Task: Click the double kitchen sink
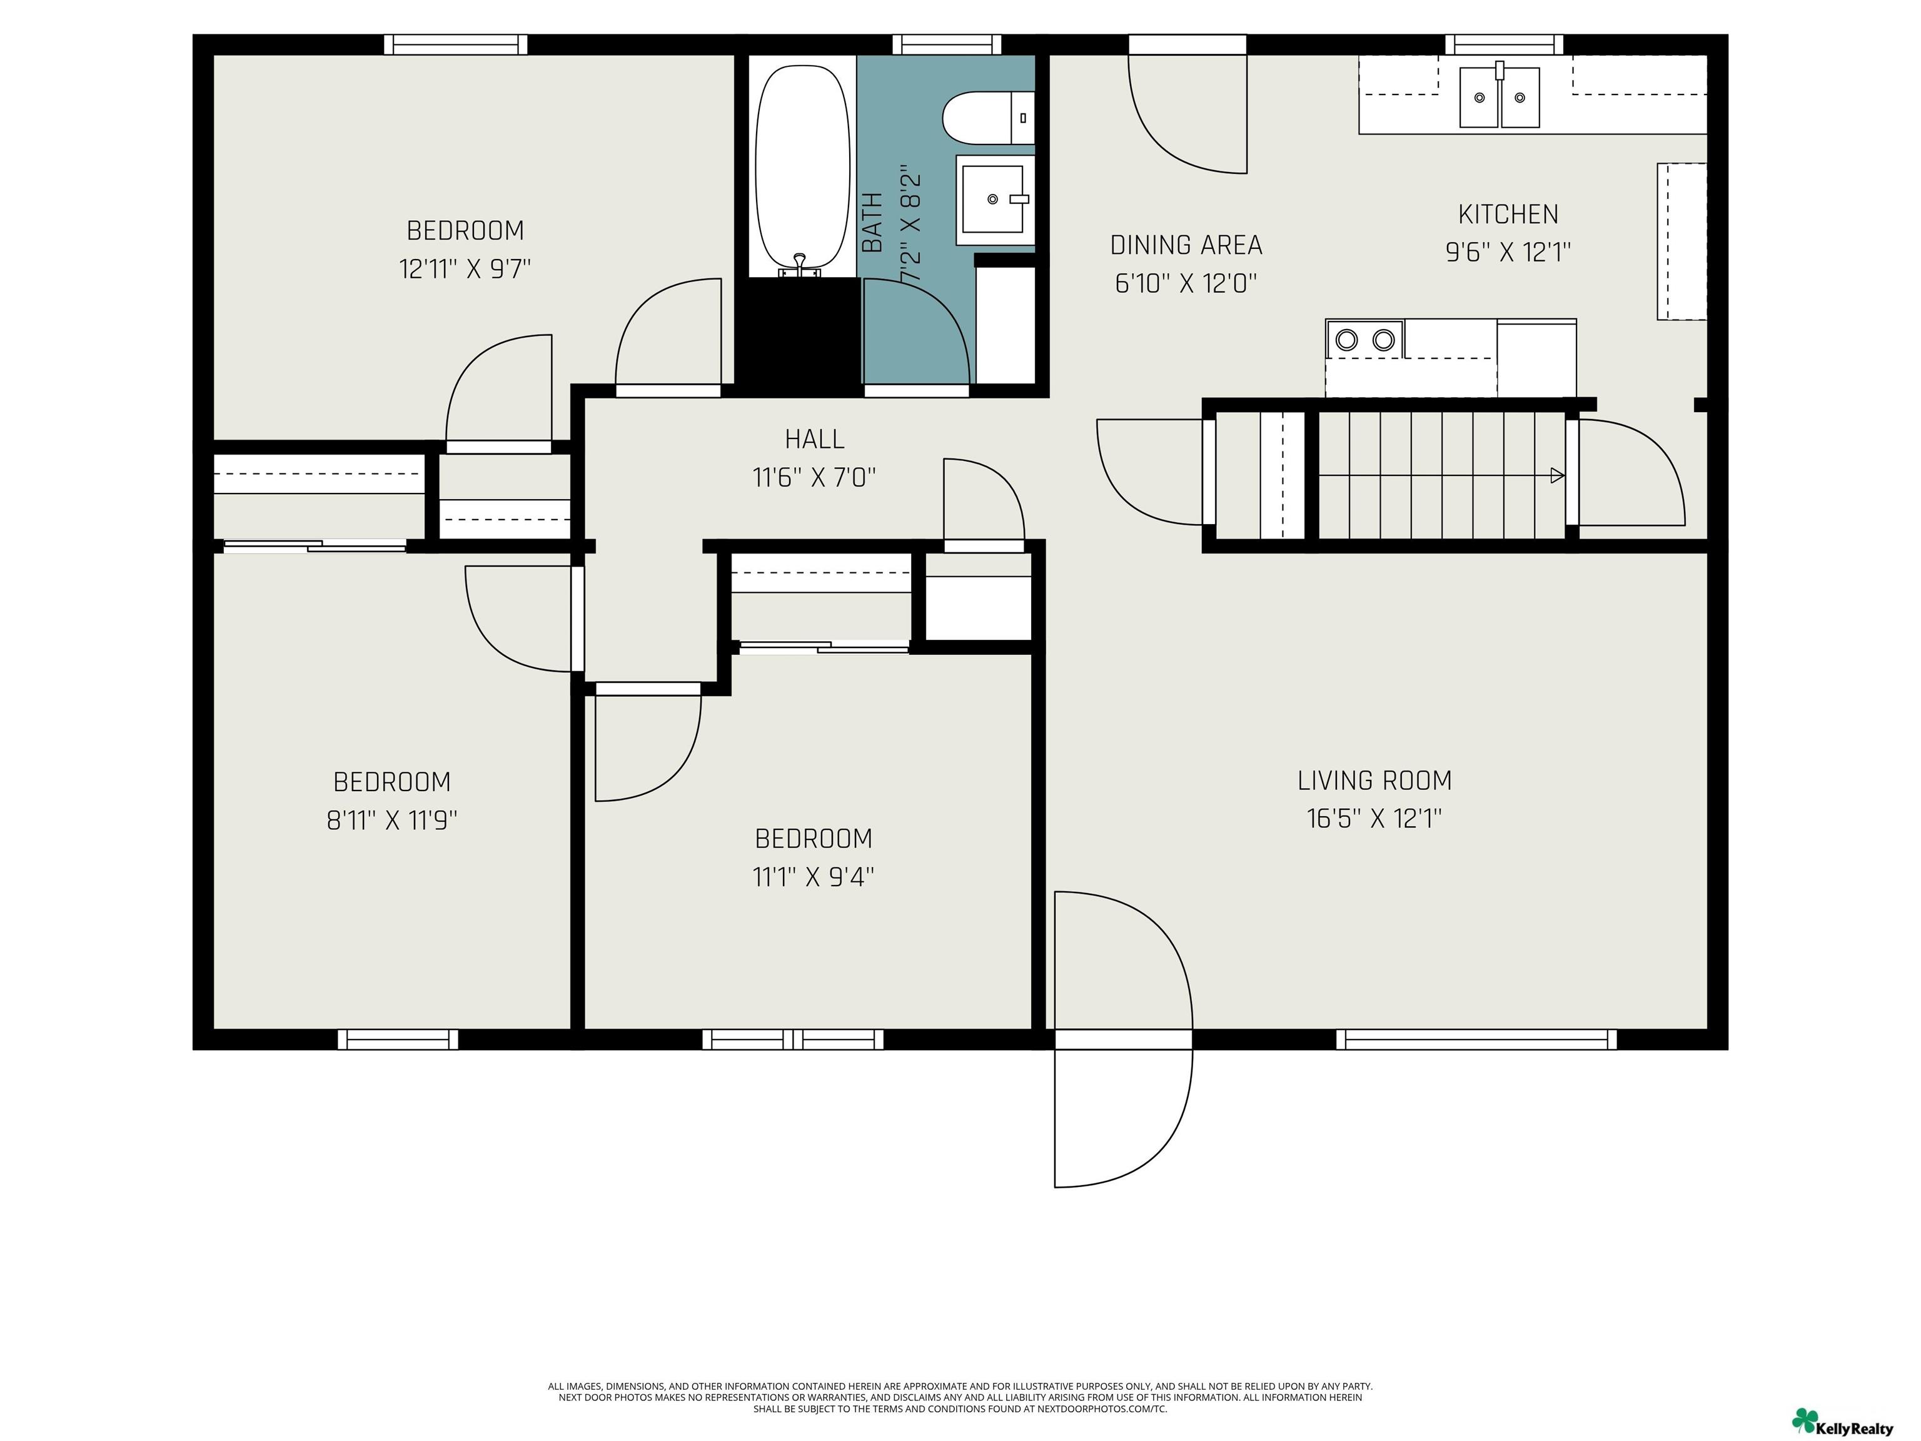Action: tap(1499, 98)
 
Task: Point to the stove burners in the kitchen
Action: tap(1364, 339)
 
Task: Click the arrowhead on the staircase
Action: tap(1557, 475)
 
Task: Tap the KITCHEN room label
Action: tap(1508, 214)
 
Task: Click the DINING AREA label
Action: tap(1186, 245)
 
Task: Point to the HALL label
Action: tap(815, 438)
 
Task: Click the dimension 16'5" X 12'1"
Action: tap(1374, 818)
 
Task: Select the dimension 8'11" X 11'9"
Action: tap(391, 820)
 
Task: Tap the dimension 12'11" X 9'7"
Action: tap(465, 268)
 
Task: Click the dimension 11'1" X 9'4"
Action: tap(813, 876)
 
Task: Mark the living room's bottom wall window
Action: tap(1476, 1039)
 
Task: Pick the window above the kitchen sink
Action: tap(1504, 44)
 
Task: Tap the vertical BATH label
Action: tap(873, 223)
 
